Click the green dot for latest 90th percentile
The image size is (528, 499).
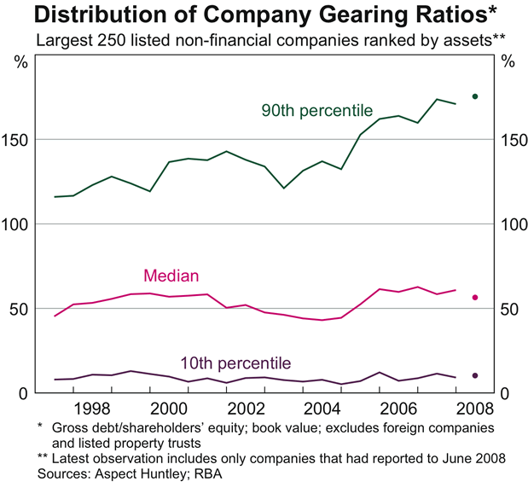click(474, 96)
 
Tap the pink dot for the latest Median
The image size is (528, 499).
click(474, 298)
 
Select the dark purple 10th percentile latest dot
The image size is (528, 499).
click(474, 375)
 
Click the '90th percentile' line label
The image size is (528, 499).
click(316, 110)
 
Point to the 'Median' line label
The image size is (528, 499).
click(171, 276)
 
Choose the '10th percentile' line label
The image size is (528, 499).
click(235, 362)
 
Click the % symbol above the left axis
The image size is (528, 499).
click(21, 61)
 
